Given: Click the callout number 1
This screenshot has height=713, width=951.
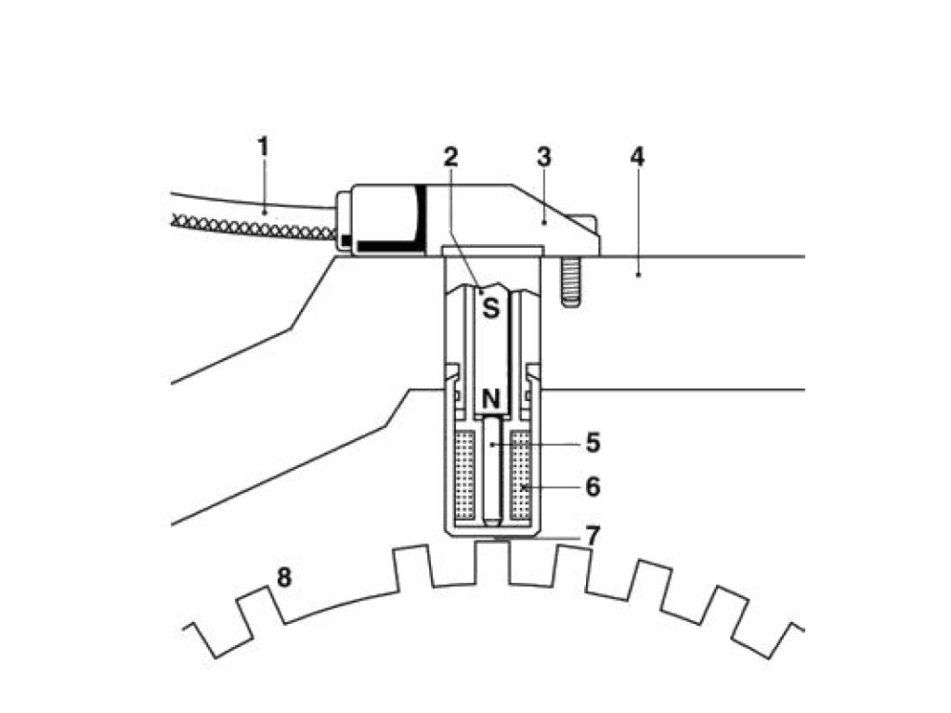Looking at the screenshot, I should [x=263, y=146].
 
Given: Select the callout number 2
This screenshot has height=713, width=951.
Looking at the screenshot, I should [x=450, y=156].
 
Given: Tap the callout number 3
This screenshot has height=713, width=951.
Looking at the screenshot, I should [x=544, y=156].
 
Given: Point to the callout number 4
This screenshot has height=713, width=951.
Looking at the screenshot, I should [x=636, y=156].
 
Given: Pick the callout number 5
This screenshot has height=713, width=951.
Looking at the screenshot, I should [x=593, y=443].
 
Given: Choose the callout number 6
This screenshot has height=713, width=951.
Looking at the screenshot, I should [x=593, y=486].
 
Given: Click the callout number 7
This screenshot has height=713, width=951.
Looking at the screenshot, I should [x=593, y=535].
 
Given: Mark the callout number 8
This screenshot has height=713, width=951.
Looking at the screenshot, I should [x=284, y=577].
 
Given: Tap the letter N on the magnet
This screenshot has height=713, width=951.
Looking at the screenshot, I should [x=490, y=399].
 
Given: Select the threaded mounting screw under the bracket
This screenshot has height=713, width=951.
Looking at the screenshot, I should [x=571, y=279].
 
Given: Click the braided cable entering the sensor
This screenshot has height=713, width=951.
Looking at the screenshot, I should [x=251, y=223].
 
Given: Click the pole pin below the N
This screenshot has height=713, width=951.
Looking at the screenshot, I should [x=490, y=469].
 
